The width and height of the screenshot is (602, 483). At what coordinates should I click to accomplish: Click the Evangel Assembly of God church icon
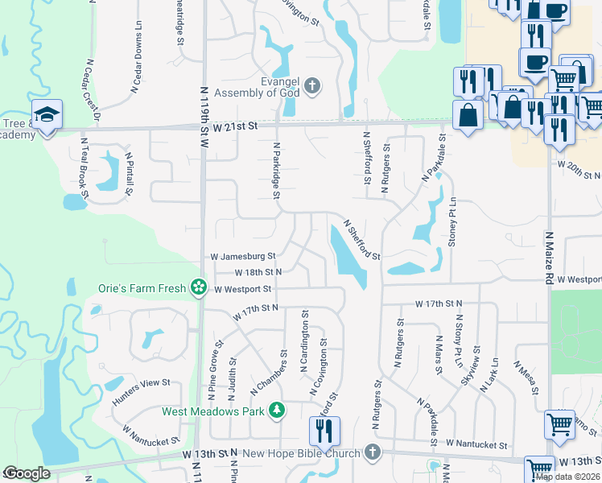point(313,85)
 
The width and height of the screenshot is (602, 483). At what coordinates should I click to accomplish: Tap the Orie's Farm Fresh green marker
point(198,287)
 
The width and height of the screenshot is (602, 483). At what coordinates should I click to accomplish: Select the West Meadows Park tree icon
point(277,411)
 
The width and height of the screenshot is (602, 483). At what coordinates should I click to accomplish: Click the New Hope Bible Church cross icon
point(371,454)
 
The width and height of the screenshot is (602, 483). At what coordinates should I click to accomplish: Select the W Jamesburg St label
point(243,257)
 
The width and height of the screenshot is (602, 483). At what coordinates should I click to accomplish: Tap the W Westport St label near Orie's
point(243,288)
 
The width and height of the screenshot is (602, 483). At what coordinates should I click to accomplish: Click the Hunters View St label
point(142,386)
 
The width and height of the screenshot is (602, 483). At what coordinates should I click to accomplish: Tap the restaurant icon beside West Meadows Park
point(326,431)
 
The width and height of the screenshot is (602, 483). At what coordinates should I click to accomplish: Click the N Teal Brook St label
point(84,167)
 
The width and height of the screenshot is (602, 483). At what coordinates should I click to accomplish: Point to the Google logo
point(27,473)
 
